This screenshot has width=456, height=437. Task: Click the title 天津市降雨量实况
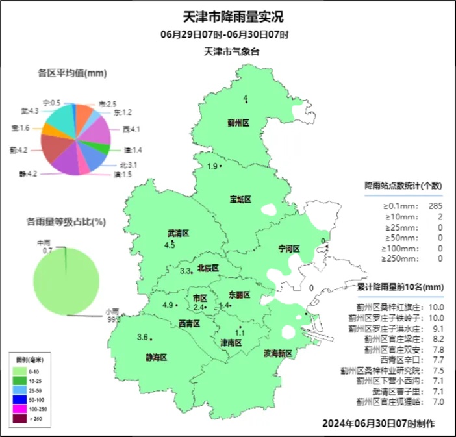coord(229,16)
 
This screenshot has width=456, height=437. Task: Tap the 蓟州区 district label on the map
coord(239,122)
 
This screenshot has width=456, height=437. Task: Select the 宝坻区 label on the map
coord(240,199)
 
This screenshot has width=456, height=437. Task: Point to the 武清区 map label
coord(177,233)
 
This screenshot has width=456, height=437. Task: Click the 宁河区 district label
coord(289,249)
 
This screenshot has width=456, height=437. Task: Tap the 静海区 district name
coord(156,357)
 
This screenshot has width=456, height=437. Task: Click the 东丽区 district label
coord(240,295)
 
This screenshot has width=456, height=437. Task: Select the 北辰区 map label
coord(208,268)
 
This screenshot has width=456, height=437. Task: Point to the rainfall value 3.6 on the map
coord(142,336)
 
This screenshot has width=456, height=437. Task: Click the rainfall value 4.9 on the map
coord(168,305)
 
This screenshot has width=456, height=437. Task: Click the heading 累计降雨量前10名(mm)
coord(401,286)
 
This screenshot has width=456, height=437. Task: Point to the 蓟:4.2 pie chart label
coord(18,150)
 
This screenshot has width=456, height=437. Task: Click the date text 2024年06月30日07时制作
coord(379,423)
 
